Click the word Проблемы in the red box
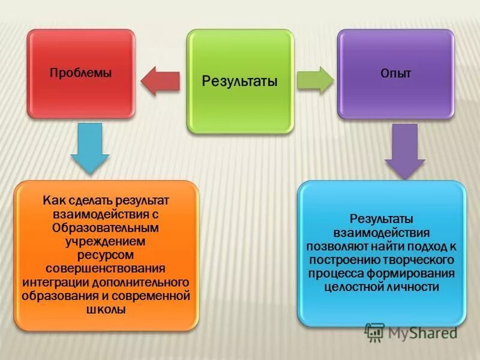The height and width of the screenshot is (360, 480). click(x=80, y=73)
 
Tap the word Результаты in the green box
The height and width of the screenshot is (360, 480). click(x=239, y=80)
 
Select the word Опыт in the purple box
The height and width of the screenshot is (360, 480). click(x=395, y=73)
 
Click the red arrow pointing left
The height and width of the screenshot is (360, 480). click(x=160, y=81)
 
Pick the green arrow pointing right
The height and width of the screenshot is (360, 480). click(x=316, y=80)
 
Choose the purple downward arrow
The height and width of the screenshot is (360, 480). click(x=404, y=151)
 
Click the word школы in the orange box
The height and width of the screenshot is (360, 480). click(x=106, y=310)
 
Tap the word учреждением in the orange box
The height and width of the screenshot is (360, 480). click(x=106, y=241)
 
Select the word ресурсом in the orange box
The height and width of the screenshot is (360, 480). click(x=106, y=254)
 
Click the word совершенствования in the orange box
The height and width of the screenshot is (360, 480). click(x=106, y=268)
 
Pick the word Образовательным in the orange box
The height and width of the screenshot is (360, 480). click(x=106, y=228)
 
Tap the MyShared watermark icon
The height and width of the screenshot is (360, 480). click(x=374, y=331)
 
